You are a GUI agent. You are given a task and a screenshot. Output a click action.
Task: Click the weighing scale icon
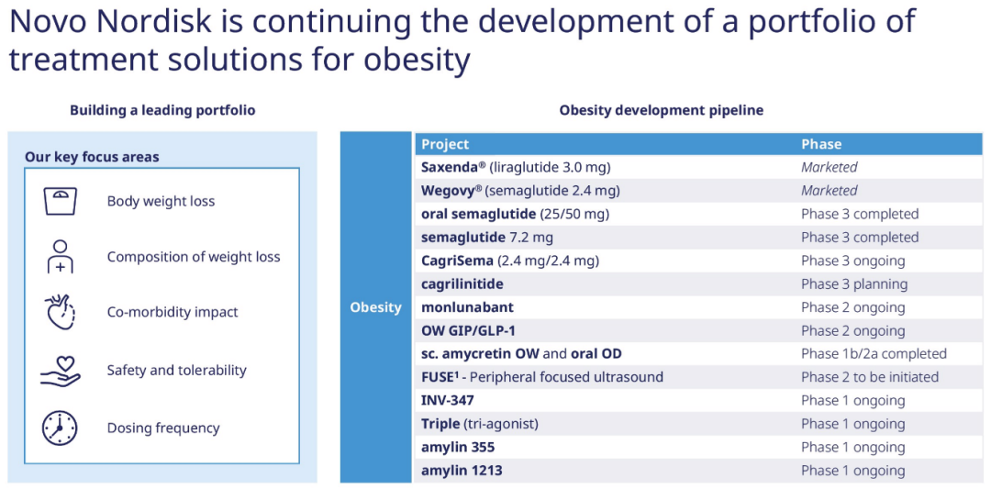pos(60,201)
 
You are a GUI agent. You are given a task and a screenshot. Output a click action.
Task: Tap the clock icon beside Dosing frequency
pos(60,428)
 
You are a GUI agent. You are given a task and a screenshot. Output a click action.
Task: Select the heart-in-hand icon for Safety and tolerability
pos(60,371)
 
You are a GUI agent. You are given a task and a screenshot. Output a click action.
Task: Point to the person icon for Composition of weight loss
pos(60,257)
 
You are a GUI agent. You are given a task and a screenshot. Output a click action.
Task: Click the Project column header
pos(445,144)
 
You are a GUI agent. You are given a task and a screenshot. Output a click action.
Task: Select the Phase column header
pos(821,144)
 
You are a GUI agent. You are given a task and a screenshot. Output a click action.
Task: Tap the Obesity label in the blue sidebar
pos(376,307)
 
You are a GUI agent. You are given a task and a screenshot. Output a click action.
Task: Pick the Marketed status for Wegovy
pos(830,191)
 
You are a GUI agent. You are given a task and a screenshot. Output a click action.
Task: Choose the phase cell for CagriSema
pos(853,261)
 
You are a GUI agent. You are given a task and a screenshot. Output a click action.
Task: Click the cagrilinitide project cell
pos(462,284)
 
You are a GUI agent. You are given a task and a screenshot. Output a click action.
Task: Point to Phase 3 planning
pos(854,284)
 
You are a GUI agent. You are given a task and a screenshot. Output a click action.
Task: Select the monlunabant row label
pos(467,307)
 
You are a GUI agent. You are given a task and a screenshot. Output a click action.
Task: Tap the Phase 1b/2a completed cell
pos(874,354)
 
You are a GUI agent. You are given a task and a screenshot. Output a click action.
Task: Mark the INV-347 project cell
pos(448,401)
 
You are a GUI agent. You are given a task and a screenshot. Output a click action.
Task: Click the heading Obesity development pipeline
pos(661,111)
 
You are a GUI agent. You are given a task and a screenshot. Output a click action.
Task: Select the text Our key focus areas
pos(92,157)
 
